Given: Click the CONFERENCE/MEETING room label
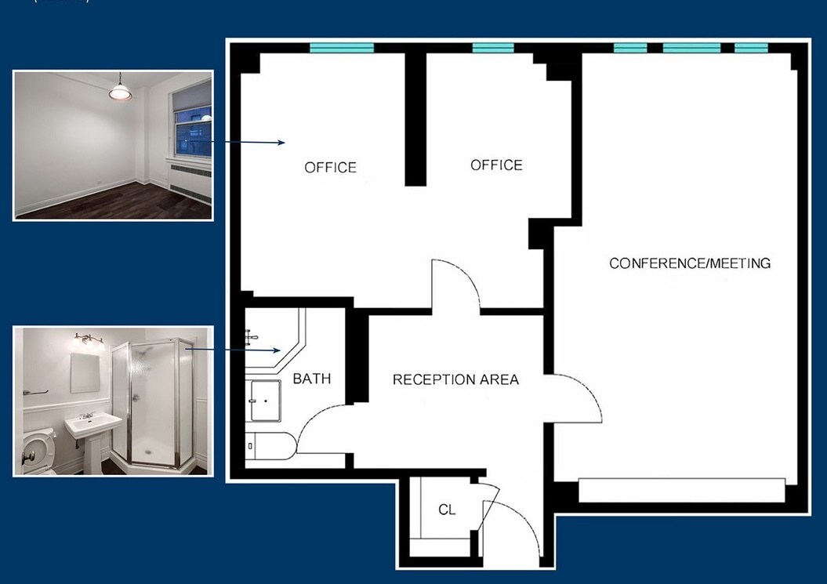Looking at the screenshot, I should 690,263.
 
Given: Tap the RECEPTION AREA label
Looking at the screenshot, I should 455,379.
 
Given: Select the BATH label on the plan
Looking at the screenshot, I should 312,379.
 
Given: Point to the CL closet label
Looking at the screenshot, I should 447,510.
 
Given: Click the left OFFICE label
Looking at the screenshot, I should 330,167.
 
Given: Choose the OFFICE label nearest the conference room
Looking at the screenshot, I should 496,165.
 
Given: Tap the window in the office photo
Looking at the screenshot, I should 192,125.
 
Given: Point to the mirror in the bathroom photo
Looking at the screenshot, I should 85,372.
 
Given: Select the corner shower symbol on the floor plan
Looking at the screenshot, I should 271,343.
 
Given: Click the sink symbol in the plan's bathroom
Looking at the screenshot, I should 264,401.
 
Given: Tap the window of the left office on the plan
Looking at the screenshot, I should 342,48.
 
